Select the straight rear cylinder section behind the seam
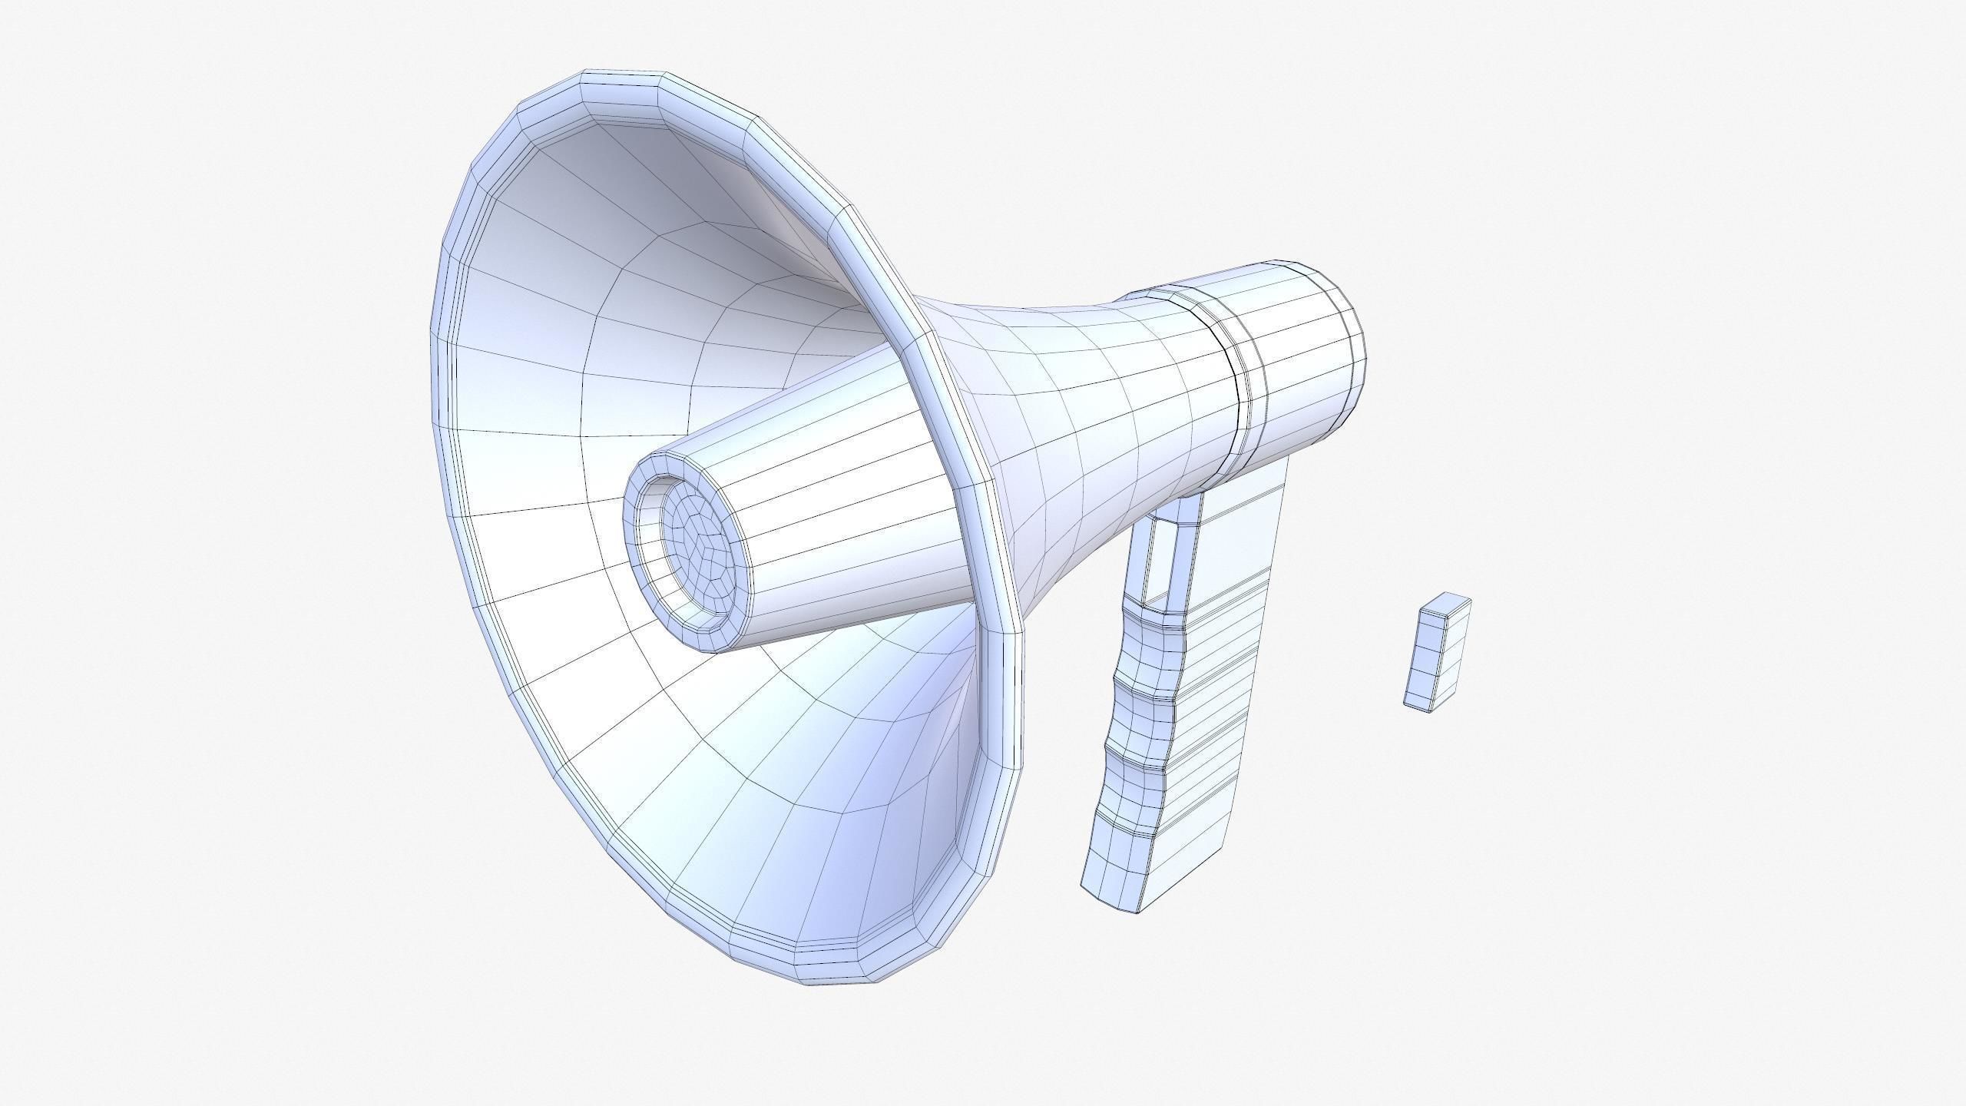coord(1298,361)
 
